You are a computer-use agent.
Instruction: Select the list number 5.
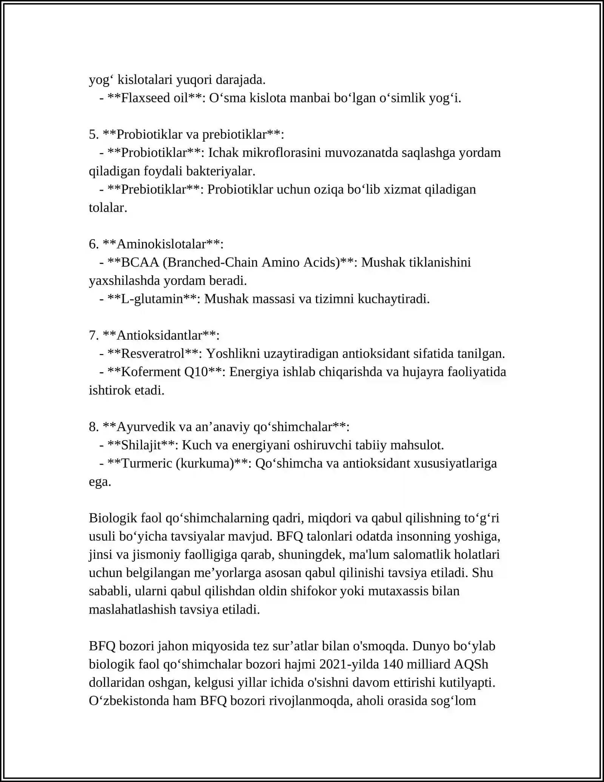point(93,134)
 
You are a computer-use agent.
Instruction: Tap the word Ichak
point(223,153)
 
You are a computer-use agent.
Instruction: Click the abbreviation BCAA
point(140,262)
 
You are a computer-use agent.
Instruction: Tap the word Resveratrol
point(153,354)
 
